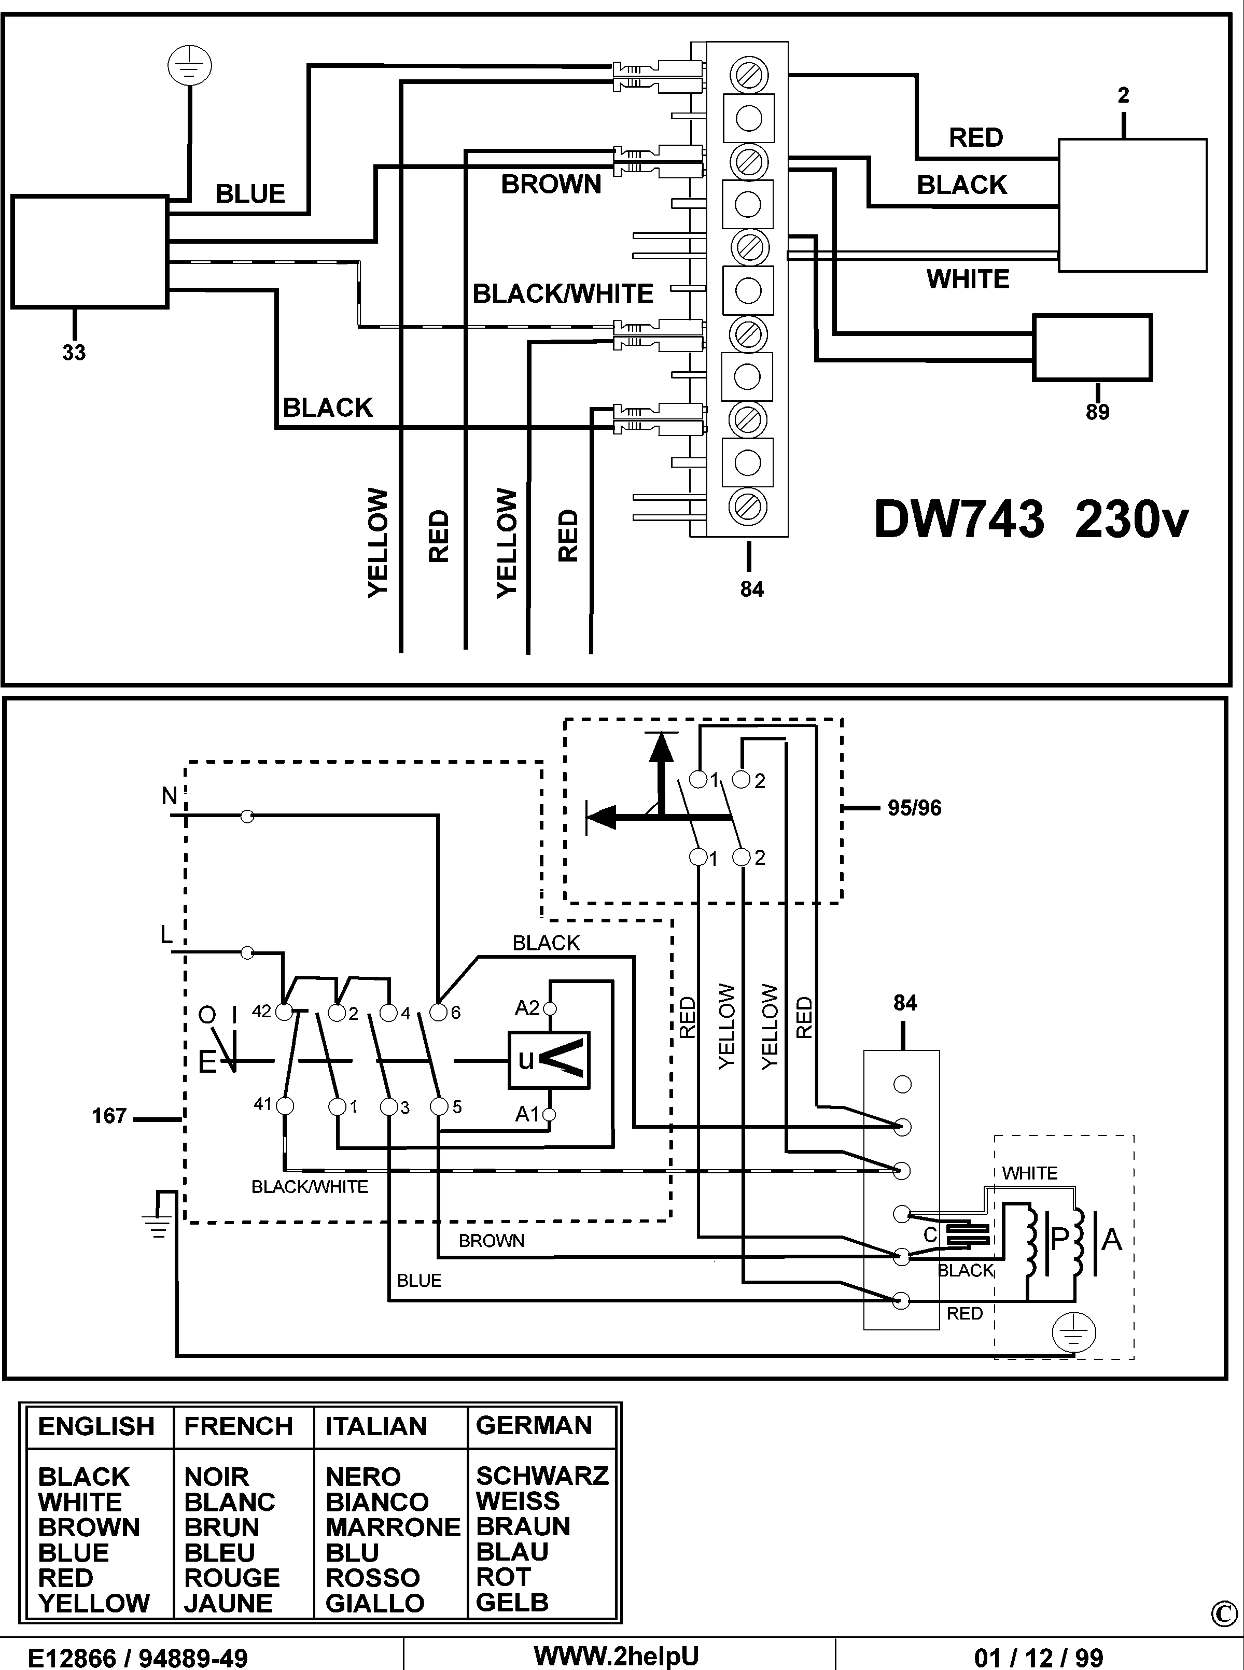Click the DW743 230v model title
pyautogui.click(x=1031, y=520)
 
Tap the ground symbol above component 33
pyautogui.click(x=189, y=66)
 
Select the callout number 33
pyautogui.click(x=74, y=353)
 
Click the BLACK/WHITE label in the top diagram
pyautogui.click(x=563, y=293)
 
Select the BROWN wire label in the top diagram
pyautogui.click(x=551, y=185)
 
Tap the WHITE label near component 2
pyautogui.click(x=968, y=279)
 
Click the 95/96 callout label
pyautogui.click(x=914, y=808)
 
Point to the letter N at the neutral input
pyautogui.click(x=170, y=796)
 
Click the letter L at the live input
pyautogui.click(x=166, y=935)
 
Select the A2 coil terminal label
pyautogui.click(x=527, y=1007)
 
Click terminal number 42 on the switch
pyautogui.click(x=261, y=1011)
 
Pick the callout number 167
pyautogui.click(x=109, y=1116)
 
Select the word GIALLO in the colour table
pyautogui.click(x=375, y=1603)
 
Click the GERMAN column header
pyautogui.click(x=534, y=1425)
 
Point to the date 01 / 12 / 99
pyautogui.click(x=1039, y=1657)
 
